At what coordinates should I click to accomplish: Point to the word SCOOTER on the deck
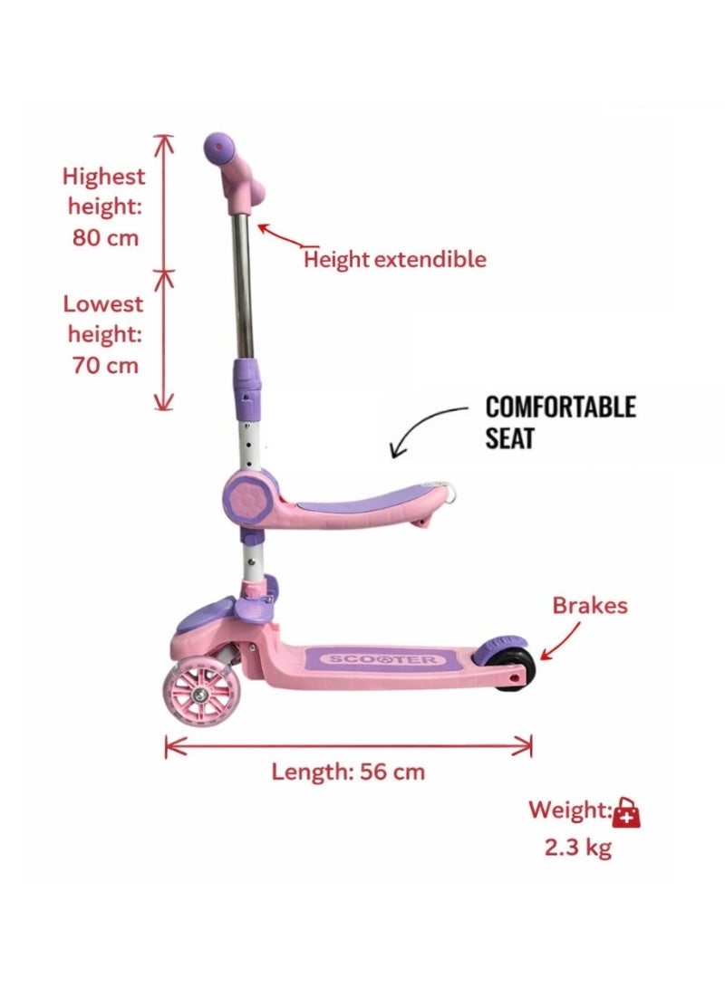pos(382,659)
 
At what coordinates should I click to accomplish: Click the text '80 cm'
pos(104,237)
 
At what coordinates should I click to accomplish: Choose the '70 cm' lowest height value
pos(104,366)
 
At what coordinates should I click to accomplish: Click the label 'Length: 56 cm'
pos(348,772)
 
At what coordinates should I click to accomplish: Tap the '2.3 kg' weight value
pos(578,847)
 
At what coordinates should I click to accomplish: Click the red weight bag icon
pos(626,811)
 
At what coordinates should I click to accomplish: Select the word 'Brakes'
pos(590,605)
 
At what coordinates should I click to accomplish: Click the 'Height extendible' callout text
pos(394,259)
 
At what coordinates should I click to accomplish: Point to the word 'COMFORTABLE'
pos(560,407)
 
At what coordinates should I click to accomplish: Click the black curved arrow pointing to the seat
pos(421,422)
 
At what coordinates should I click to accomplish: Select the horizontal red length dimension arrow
pos(348,746)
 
